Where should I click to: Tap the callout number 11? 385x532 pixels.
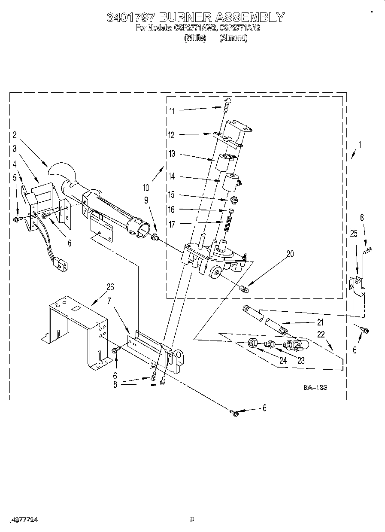(x=172, y=111)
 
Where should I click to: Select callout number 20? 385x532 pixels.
(x=290, y=254)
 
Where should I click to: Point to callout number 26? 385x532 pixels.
(x=110, y=287)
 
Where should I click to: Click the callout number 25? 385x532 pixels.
(x=354, y=233)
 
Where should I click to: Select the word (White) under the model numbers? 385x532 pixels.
(x=195, y=38)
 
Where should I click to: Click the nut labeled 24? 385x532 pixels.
(x=253, y=343)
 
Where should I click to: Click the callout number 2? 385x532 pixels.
(x=14, y=135)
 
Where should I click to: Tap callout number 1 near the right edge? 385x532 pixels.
(x=360, y=145)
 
